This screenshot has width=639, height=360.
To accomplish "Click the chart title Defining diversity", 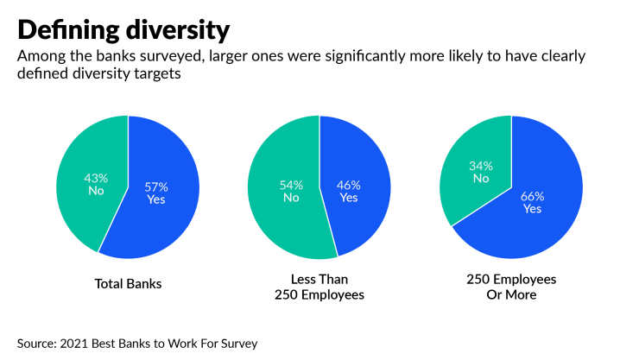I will click(123, 30).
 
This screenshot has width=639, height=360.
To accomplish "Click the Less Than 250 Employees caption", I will click(320, 287).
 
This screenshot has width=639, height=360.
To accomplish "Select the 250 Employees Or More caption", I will click(512, 287).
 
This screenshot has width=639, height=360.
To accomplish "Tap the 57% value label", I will click(155, 186).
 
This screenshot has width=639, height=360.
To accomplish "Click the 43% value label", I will click(95, 177).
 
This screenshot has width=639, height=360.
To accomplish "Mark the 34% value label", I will click(480, 166).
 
